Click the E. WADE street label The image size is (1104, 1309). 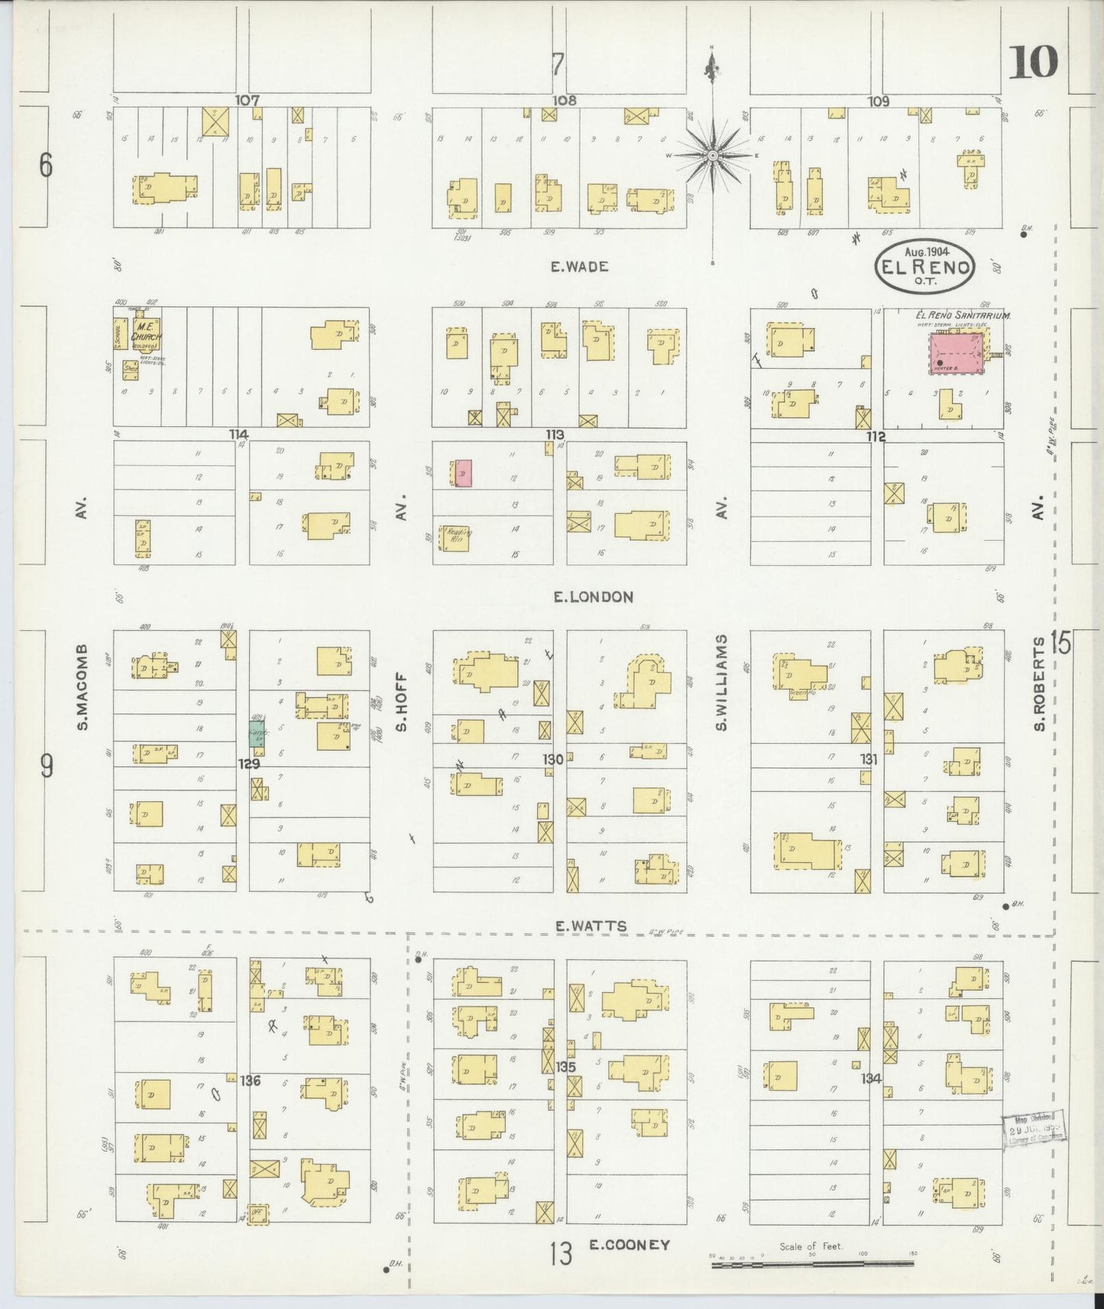580,267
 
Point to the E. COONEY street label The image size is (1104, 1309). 630,1245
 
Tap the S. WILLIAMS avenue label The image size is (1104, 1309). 720,682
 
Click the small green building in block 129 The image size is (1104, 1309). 255,735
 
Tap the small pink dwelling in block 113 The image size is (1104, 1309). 464,474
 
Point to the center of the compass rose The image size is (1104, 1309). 712,155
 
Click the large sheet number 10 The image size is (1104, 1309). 1033,63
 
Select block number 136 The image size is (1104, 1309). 250,1081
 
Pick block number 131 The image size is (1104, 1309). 869,760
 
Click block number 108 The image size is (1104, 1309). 565,100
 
